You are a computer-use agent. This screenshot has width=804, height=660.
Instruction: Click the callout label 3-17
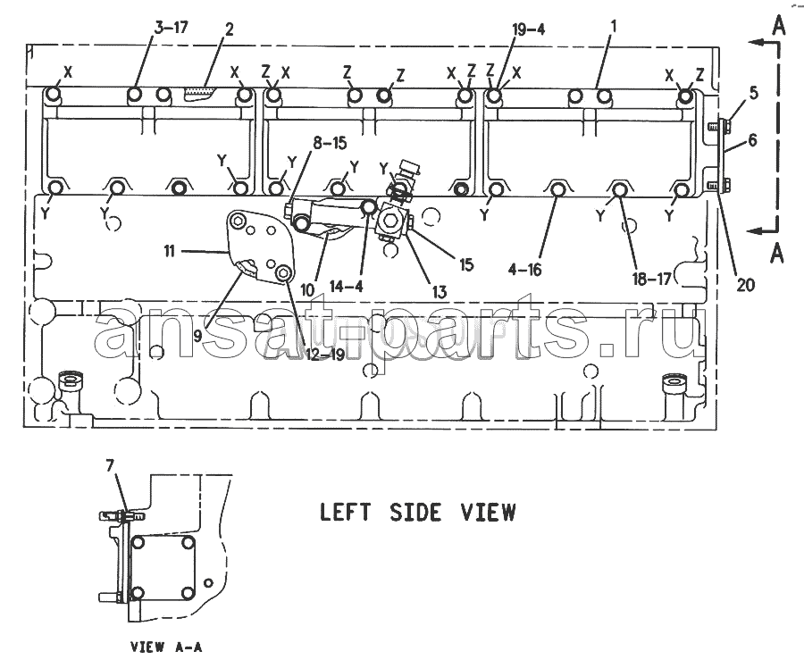[172, 28]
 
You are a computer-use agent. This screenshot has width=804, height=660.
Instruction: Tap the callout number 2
[229, 29]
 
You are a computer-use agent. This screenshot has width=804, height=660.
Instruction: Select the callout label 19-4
[528, 29]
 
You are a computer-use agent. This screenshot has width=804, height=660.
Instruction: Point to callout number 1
[613, 26]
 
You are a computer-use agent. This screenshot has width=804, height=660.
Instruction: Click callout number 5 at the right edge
[753, 93]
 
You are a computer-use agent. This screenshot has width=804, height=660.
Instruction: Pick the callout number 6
[752, 139]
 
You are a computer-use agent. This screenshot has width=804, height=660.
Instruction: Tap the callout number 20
[746, 284]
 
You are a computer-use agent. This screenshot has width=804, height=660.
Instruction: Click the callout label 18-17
[651, 279]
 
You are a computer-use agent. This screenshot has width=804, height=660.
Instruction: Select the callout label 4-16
[525, 269]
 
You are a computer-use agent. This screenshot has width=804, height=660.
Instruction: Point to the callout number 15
[466, 264]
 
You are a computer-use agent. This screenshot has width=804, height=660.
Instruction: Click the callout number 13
[440, 292]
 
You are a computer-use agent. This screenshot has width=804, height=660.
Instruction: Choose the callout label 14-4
[347, 286]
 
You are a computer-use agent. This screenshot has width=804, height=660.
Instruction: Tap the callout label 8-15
[330, 144]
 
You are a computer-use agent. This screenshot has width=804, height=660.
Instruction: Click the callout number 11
[169, 251]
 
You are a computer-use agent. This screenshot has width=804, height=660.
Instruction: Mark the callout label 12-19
[325, 354]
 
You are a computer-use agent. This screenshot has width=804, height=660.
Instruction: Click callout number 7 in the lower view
[111, 465]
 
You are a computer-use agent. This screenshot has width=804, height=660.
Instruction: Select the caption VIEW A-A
[167, 647]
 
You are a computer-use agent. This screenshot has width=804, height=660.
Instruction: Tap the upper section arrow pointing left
[763, 43]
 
